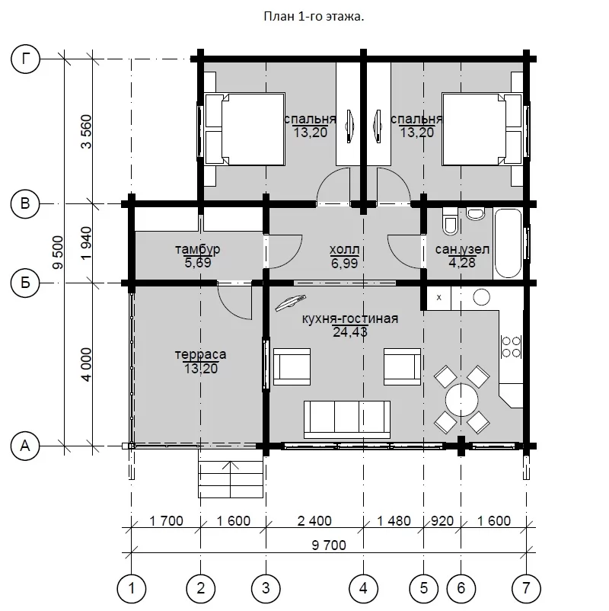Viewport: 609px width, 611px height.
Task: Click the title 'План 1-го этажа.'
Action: click(314, 16)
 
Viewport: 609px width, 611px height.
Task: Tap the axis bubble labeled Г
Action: click(25, 59)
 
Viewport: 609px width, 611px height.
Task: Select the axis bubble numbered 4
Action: click(363, 587)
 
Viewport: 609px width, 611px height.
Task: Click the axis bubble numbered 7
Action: click(526, 587)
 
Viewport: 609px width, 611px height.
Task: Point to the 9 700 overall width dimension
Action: click(329, 545)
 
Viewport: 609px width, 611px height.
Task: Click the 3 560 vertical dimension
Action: click(86, 131)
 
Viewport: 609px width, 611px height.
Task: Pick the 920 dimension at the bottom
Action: click(442, 520)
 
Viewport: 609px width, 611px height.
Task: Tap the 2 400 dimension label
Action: click(314, 520)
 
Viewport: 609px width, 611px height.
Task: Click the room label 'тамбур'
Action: click(197, 249)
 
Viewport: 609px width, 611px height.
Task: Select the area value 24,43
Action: click(350, 332)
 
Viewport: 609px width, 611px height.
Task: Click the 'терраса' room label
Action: click(200, 354)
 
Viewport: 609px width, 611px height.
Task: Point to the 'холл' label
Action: click(344, 249)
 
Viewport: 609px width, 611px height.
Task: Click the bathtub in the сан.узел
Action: click(508, 244)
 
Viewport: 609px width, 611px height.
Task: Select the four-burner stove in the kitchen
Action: click(512, 347)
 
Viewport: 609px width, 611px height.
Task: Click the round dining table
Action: click(462, 400)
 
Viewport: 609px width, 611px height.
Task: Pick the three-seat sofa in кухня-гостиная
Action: click(347, 419)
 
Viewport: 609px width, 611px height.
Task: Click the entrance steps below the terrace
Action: click(231, 479)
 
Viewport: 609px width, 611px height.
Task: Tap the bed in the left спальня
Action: click(245, 129)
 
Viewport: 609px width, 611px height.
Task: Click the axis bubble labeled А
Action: click(25, 446)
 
